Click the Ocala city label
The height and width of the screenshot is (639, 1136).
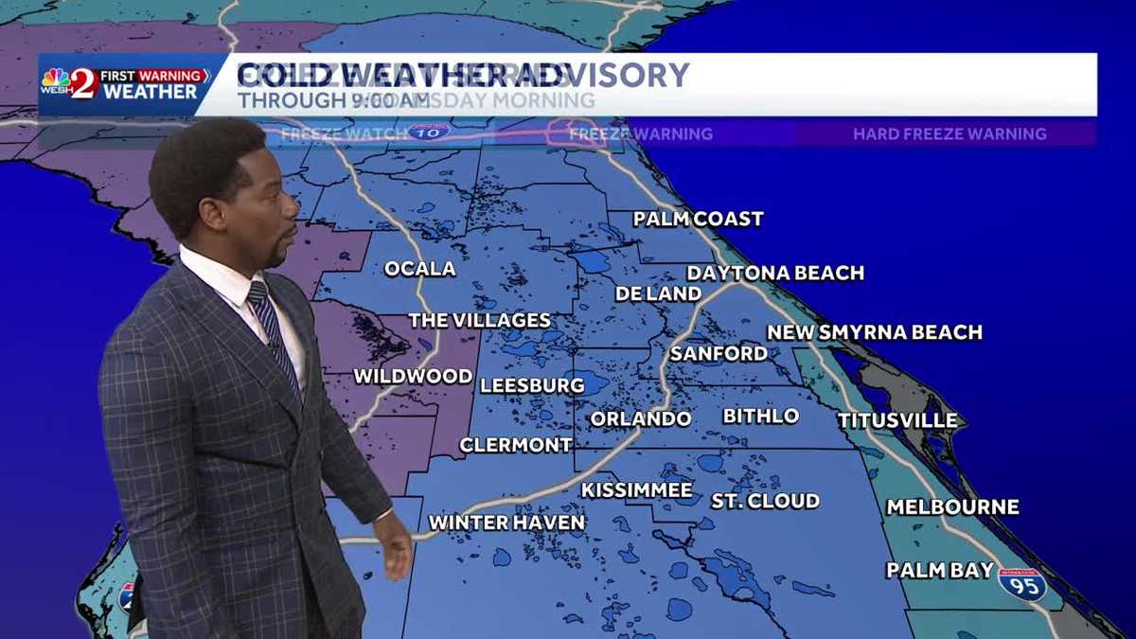point(419,269)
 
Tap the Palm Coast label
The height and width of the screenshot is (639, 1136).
point(698,220)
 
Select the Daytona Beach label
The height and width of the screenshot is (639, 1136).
point(775,274)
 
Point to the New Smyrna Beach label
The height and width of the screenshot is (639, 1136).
point(874,332)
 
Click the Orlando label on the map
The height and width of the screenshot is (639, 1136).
point(641,418)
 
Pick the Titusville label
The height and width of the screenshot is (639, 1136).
point(896,420)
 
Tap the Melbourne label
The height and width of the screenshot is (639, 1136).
point(952,507)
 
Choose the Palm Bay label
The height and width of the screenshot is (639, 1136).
point(940,570)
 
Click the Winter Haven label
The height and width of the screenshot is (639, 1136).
point(506,523)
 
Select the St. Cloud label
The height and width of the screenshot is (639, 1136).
point(765,501)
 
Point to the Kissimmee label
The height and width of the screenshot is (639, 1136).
point(636,490)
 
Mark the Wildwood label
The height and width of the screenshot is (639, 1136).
point(413,377)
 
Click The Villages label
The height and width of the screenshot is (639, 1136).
point(479,320)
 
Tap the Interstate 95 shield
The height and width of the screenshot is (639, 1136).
point(1022,585)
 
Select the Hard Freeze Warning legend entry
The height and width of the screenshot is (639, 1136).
point(950,134)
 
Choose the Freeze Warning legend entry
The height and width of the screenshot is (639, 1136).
point(640,134)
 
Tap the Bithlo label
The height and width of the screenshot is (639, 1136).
point(760,417)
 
